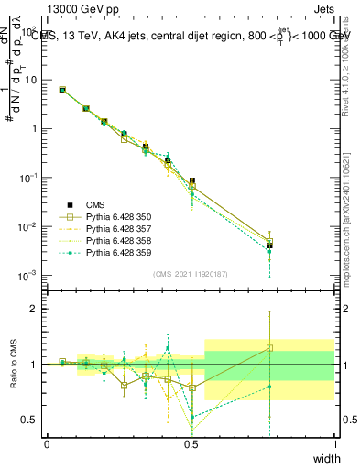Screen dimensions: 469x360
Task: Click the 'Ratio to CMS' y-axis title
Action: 12,365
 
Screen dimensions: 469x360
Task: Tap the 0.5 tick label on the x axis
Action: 191,444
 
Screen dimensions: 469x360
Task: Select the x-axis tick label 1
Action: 335,444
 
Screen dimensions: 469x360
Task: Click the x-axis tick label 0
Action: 47,444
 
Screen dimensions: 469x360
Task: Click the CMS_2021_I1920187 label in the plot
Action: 191,274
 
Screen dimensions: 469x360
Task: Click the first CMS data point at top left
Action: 62,90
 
